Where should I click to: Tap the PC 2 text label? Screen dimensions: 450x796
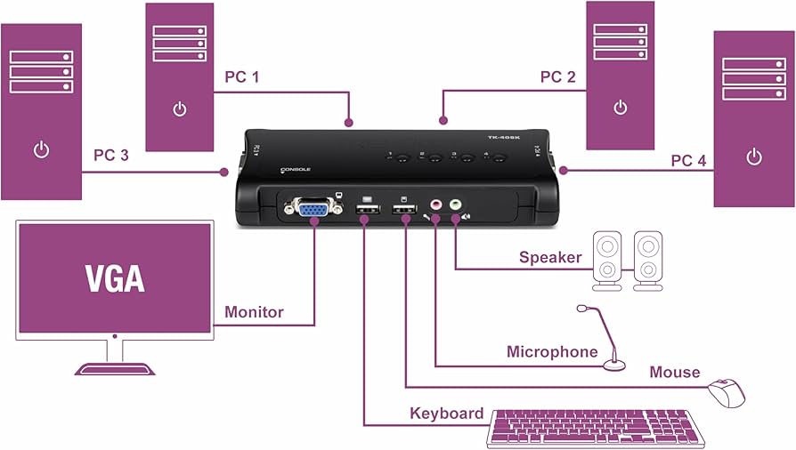558,76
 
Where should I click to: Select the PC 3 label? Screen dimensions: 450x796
111,155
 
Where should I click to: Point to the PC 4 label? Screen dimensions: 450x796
688,160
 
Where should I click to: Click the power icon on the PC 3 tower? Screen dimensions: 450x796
41,149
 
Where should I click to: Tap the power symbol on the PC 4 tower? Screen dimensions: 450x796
753,157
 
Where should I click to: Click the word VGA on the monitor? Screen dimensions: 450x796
115,277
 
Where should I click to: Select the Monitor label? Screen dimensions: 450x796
254,312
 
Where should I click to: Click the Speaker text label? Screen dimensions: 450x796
550,258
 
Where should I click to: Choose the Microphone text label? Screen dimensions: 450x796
552,352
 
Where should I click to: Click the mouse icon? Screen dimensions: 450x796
727,391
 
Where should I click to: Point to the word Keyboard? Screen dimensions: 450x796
446,414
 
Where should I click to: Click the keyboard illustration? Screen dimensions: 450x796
596,428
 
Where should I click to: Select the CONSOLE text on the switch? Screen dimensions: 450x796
295,169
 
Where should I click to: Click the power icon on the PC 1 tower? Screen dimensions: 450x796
180,110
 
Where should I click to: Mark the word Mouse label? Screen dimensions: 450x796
674,372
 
